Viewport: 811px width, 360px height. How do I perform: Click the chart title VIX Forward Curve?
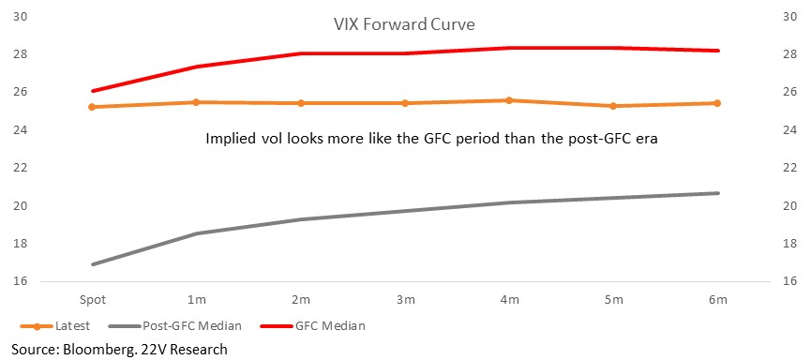point(404,24)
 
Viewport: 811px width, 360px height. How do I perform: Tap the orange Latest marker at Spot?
point(92,107)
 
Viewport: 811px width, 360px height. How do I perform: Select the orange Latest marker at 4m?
point(509,100)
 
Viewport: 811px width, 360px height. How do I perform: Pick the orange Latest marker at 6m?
point(717,103)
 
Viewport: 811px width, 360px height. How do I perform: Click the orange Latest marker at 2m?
point(301,103)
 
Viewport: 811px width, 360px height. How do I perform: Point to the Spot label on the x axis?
point(92,300)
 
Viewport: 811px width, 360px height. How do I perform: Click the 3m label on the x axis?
point(405,300)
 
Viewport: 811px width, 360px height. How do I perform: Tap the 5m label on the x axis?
point(613,300)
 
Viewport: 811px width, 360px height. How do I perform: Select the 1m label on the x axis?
point(196,300)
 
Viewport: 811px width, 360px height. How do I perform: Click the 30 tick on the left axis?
point(21,17)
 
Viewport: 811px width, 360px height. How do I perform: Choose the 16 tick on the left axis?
point(21,282)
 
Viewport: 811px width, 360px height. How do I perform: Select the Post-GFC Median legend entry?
point(175,326)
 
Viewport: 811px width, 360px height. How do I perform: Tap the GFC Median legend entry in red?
point(312,326)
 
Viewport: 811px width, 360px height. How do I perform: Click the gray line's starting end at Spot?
point(93,264)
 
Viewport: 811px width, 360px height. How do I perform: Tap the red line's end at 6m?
point(718,51)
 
